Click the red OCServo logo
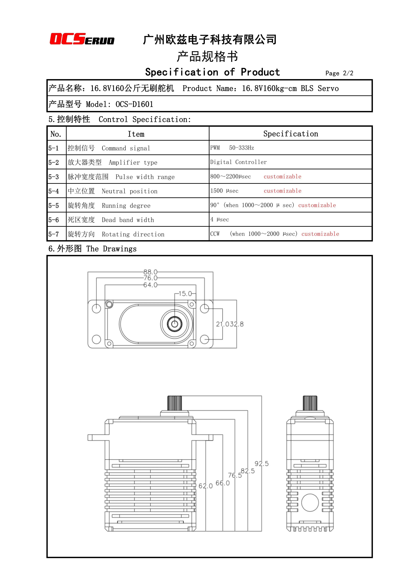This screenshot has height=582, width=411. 82,39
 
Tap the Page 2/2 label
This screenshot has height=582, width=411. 339,73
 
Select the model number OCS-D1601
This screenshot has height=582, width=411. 134,104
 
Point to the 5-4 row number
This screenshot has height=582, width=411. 54,191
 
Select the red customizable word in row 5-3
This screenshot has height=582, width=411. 283,176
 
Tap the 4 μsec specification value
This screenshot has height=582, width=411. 220,220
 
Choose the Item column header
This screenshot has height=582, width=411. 136,134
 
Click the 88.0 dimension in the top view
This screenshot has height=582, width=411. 150,272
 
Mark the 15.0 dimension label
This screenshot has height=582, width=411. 185,294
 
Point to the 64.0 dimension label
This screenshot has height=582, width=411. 150,285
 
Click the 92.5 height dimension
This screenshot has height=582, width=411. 262,464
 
